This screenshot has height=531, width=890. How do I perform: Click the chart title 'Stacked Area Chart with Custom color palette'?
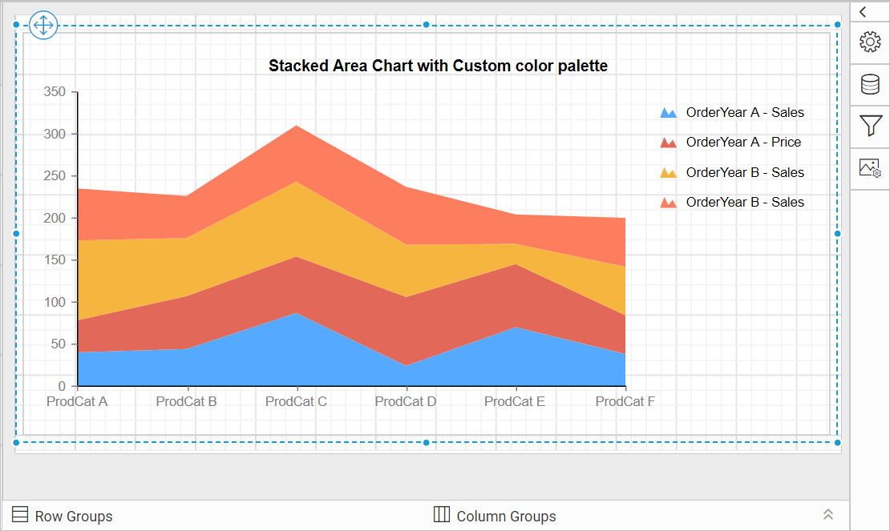coord(438,66)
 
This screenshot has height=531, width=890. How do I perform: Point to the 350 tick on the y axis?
coord(55,92)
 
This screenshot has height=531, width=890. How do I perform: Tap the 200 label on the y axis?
coord(55,218)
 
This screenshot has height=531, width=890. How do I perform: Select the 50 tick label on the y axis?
coord(58,344)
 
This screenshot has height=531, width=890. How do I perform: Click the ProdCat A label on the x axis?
coord(77,401)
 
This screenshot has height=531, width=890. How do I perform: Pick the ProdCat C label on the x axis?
coord(296,401)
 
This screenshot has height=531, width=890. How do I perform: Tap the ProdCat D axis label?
coord(406,401)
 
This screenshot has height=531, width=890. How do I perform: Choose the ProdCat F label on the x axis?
coord(625,401)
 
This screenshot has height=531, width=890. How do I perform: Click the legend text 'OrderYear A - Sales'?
coord(745,113)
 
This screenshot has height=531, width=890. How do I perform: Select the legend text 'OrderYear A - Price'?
coord(743,143)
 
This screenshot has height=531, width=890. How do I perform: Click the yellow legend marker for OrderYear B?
coord(668,173)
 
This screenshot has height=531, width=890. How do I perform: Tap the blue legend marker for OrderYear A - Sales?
coord(668,113)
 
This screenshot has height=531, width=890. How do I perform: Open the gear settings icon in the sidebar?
coord(870,42)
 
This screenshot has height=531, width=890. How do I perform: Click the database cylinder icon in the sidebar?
coord(870,84)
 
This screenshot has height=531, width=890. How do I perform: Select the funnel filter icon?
coord(870,126)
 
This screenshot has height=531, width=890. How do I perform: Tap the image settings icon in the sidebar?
coord(870,168)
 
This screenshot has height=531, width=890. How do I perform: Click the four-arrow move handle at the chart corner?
coord(42,25)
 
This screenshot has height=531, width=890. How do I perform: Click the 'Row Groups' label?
coord(73,517)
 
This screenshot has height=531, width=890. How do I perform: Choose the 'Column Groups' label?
coord(506,517)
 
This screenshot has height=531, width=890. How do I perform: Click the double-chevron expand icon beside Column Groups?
coord(828,515)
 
